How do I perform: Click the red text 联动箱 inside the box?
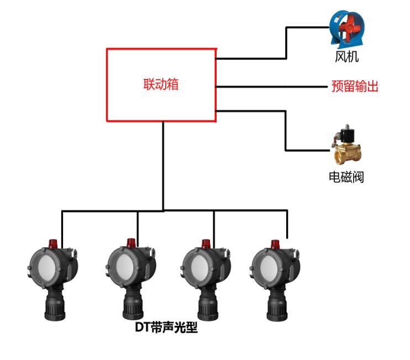point(161,85)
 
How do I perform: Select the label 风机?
point(346,56)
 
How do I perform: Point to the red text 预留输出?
point(355,87)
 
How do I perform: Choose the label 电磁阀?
point(346,177)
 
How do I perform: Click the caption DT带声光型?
point(166,328)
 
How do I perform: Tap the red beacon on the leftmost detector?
point(54,242)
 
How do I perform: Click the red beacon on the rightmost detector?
point(275,243)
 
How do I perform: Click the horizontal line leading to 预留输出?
point(271,87)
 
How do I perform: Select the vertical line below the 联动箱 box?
point(164,166)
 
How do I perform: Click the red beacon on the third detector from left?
point(206,243)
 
